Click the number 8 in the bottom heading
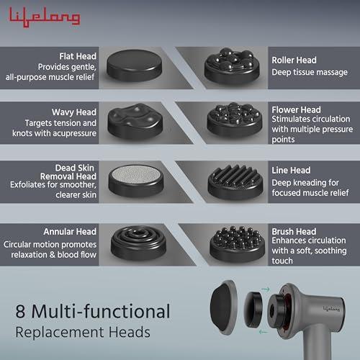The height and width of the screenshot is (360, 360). pos(21,312)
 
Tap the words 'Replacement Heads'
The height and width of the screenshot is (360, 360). pos(83,333)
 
